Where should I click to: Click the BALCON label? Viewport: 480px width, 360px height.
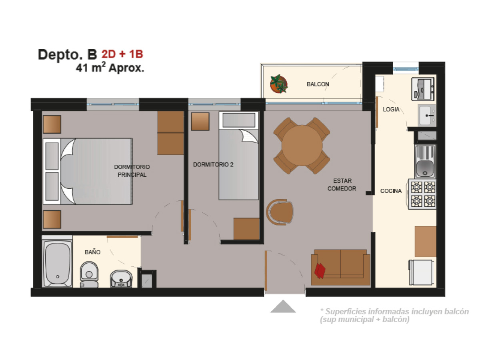pyautogui.click(x=318, y=84)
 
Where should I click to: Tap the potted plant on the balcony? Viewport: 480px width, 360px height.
pyautogui.click(x=278, y=84)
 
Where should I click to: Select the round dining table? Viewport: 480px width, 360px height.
pyautogui.click(x=302, y=145)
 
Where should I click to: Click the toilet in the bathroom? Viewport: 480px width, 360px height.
pyautogui.click(x=89, y=274)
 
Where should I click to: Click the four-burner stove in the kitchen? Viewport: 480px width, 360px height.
pyautogui.click(x=422, y=194)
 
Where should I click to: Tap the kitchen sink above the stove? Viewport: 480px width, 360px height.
pyautogui.click(x=425, y=161)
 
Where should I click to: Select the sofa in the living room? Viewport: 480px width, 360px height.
pyautogui.click(x=340, y=267)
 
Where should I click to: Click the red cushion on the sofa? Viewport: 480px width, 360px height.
pyautogui.click(x=320, y=271)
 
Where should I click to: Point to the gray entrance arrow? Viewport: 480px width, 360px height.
pyautogui.click(x=283, y=306)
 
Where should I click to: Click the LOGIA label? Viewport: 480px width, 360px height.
pyautogui.click(x=391, y=109)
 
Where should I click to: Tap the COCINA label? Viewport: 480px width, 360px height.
pyautogui.click(x=391, y=191)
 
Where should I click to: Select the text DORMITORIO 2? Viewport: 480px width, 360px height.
pyautogui.click(x=213, y=164)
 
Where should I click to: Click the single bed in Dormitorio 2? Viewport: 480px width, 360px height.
pyautogui.click(x=238, y=156)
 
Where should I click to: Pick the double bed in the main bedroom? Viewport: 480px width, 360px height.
pyautogui.click(x=88, y=171)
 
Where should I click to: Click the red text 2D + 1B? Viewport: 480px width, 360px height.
pyautogui.click(x=122, y=54)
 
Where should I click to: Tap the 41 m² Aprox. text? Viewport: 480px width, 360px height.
pyautogui.click(x=110, y=67)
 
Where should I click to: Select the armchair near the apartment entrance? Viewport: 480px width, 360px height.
pyautogui.click(x=280, y=212)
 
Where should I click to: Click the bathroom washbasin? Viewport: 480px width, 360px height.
pyautogui.click(x=121, y=278)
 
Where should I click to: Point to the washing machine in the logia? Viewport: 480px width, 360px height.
pyautogui.click(x=423, y=89)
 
